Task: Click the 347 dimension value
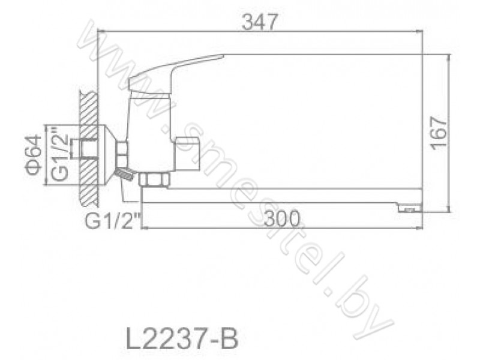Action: (x=260, y=22)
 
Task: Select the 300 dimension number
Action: (x=282, y=218)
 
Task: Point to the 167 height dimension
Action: (x=439, y=133)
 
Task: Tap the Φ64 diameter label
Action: (x=34, y=155)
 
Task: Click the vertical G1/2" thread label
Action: (x=59, y=155)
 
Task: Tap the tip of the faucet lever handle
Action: (x=223, y=56)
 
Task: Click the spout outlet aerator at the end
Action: (x=410, y=209)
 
